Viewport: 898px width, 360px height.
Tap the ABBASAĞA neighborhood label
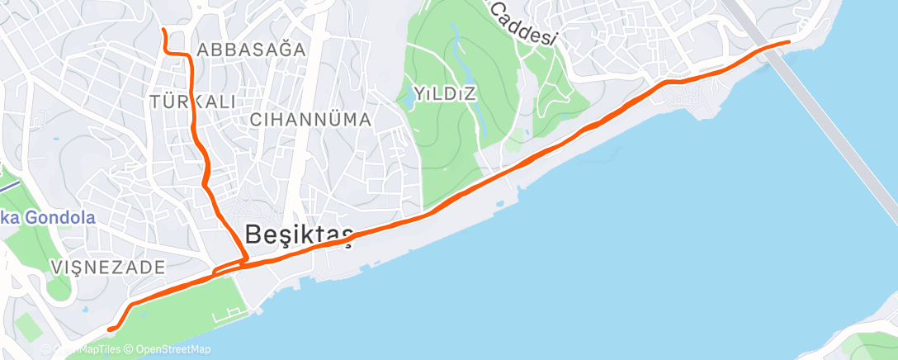click(x=251, y=49)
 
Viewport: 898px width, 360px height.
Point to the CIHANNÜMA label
click(x=310, y=120)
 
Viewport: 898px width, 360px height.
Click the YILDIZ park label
click(x=446, y=93)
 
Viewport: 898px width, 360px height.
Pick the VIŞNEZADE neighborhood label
click(x=107, y=267)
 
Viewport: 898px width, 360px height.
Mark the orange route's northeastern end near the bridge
click(x=788, y=40)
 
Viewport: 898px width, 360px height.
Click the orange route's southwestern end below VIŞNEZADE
click(x=109, y=330)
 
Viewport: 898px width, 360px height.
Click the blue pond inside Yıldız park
click(x=456, y=58)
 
